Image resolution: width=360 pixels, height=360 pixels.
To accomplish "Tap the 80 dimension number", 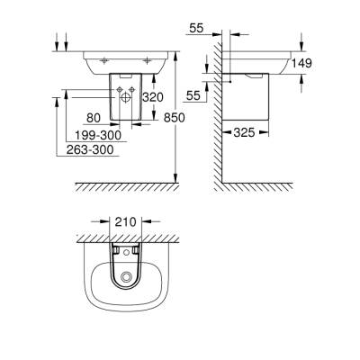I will (93, 116).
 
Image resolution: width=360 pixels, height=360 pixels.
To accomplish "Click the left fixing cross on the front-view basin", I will (105, 61).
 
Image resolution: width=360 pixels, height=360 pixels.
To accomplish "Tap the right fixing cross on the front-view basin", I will (146, 61).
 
